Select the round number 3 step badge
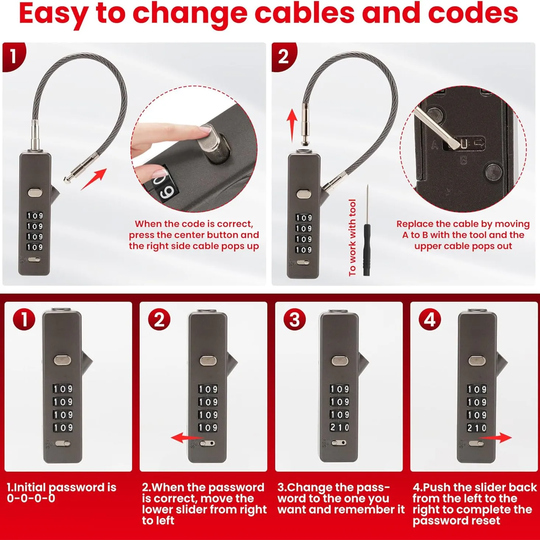click(x=295, y=320)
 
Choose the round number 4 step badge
click(x=430, y=320)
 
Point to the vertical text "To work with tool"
click(x=352, y=238)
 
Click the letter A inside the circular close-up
click(x=435, y=145)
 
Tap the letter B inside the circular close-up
click(x=463, y=161)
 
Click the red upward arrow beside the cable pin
click(x=292, y=126)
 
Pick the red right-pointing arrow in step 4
click(x=495, y=438)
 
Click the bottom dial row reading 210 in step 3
click(x=339, y=427)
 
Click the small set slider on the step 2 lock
click(x=208, y=443)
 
